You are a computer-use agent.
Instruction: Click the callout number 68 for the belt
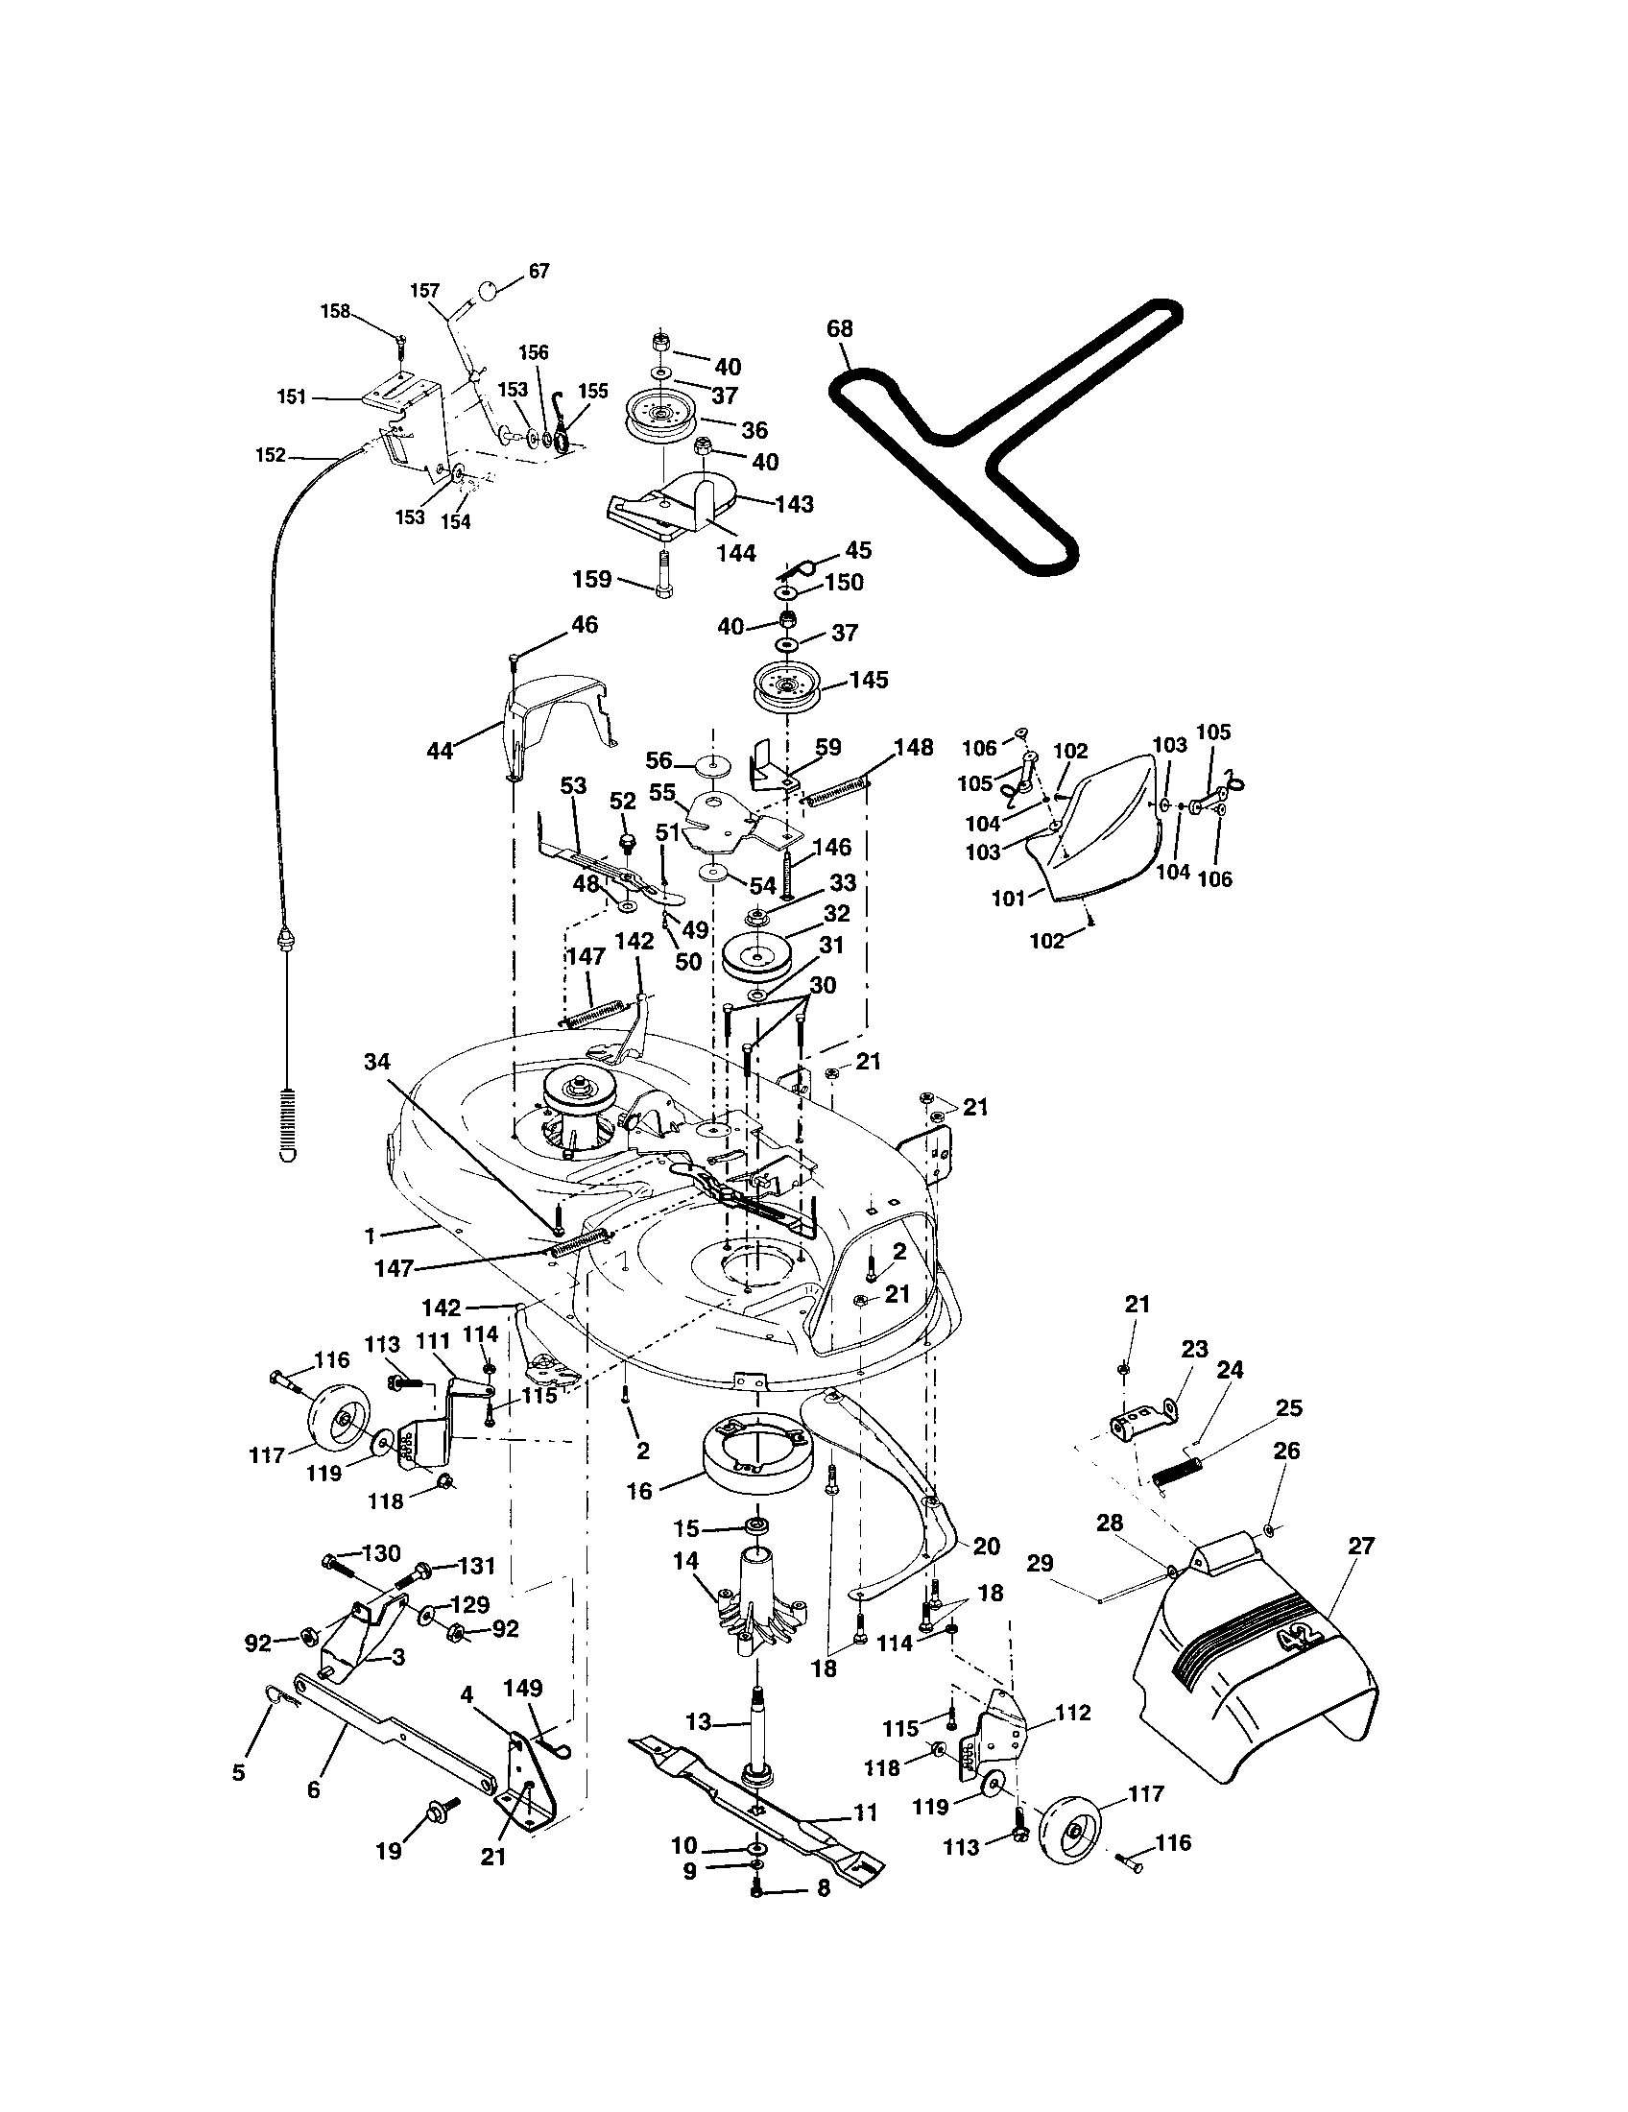click(840, 328)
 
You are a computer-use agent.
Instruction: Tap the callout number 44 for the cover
click(440, 751)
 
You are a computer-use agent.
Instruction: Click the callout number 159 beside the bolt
click(591, 579)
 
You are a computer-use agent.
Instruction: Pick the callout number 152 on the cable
click(270, 454)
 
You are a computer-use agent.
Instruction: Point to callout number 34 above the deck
click(376, 1062)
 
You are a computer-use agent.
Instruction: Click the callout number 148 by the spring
click(913, 748)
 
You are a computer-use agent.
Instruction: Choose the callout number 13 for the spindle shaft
click(698, 1721)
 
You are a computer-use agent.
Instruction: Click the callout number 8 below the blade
click(823, 1888)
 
